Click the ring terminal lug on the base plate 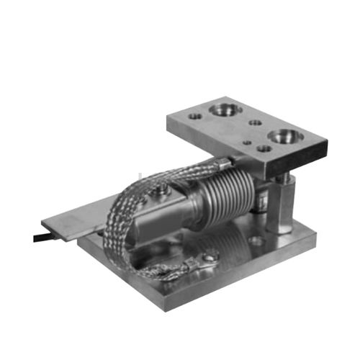pyautogui.click(x=210, y=256)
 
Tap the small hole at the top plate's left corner pyautogui.click(x=194, y=114)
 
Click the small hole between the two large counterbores pyautogui.click(x=255, y=122)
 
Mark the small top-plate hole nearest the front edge pyautogui.click(x=264, y=149)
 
